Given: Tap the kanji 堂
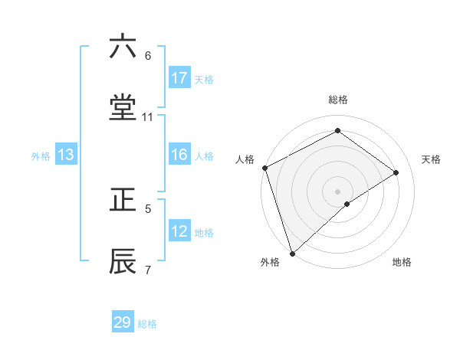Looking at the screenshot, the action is point(123,108).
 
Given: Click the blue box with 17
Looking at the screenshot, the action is point(179,78).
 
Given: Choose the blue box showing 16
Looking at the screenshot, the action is point(179,155).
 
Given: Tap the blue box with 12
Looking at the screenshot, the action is point(179,231).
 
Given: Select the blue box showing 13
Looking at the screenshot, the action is point(66,155).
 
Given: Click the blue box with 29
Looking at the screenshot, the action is point(123,322).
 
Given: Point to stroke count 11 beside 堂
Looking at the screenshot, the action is point(148,117).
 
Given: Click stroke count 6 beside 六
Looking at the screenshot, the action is point(148,56).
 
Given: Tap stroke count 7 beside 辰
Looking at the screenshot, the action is point(148,270).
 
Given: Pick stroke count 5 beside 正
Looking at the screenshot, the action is point(148,208).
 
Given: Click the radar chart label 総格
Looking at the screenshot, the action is point(338,100).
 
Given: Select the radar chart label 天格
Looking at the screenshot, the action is point(431,159).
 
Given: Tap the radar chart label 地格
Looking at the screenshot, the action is point(402,263).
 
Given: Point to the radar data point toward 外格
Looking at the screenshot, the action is point(292,253).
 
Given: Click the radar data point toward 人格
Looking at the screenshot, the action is point(264,168).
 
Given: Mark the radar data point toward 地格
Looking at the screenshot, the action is point(347,204).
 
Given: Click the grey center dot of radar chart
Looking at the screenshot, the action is point(338,191).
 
